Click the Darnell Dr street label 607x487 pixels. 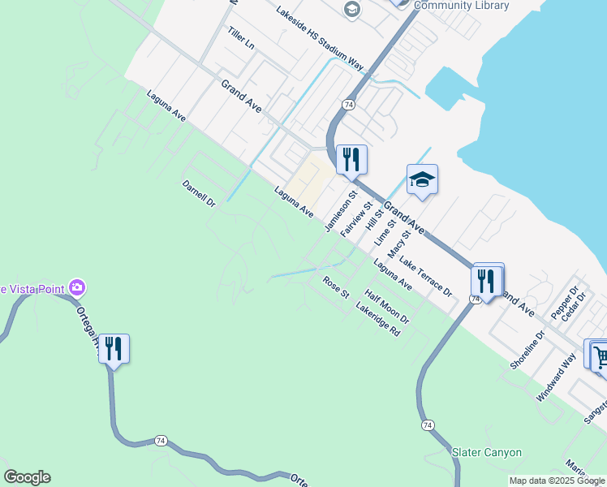point(199,193)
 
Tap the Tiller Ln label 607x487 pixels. point(241,39)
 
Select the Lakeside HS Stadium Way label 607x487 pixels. point(321,37)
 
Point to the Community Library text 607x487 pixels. point(461,6)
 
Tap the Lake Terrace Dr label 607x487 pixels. point(424,277)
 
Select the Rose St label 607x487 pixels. point(335,287)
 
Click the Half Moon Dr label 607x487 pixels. point(387,308)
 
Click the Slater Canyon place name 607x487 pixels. point(486,452)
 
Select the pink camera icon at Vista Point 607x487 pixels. point(77,287)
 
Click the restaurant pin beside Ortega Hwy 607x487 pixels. point(114,349)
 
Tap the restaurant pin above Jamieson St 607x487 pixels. point(351,158)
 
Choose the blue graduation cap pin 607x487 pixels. point(422,179)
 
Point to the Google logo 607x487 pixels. point(27,477)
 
